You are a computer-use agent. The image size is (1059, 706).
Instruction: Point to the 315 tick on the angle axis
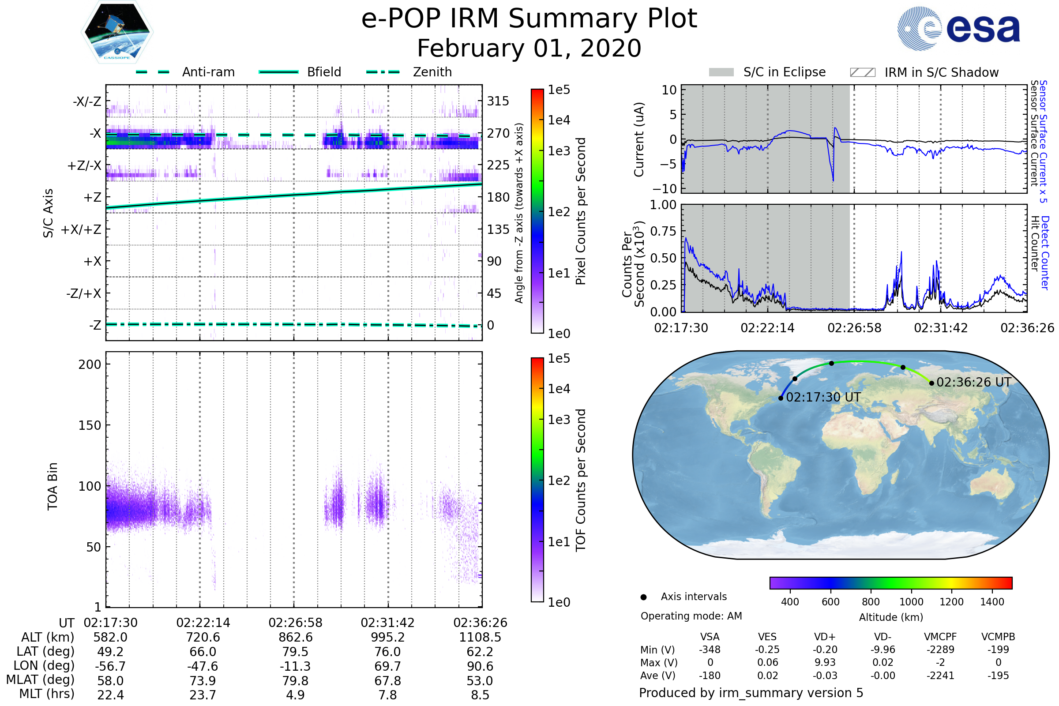coord(498,101)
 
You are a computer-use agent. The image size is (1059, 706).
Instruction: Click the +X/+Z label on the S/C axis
coord(81,229)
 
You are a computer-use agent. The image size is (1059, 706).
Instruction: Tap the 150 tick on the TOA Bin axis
coord(90,425)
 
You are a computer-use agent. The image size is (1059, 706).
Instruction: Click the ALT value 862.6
coord(295,637)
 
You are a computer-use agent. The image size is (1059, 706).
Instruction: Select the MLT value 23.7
coord(203,695)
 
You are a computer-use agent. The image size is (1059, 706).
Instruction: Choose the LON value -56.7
coord(110,666)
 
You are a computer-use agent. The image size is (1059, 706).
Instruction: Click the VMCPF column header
coord(940,637)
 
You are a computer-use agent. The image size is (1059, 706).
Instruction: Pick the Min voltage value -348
coord(710,650)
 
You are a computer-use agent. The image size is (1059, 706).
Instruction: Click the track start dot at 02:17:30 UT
coord(781,398)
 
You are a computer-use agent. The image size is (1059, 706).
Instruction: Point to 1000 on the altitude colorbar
coord(911,602)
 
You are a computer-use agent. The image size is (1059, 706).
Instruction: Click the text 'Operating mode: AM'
coord(691,616)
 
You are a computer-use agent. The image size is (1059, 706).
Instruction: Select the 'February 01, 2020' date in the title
coord(529,48)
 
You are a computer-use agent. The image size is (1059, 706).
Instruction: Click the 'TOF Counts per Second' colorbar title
coord(581,480)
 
